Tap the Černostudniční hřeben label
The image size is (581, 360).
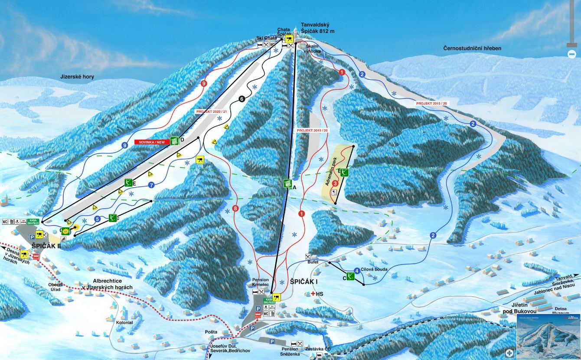(472, 49)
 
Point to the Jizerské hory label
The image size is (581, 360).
(77, 77)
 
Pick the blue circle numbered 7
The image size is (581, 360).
(151, 185)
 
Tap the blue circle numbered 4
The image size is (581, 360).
(357, 271)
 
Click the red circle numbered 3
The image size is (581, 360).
(335, 183)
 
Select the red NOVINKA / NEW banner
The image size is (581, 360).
(151, 142)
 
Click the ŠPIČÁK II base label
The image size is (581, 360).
(46, 246)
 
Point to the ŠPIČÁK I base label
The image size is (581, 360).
(304, 281)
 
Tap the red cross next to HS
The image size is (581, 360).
(313, 294)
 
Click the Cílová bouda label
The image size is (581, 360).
(374, 269)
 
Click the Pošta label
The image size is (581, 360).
(211, 332)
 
